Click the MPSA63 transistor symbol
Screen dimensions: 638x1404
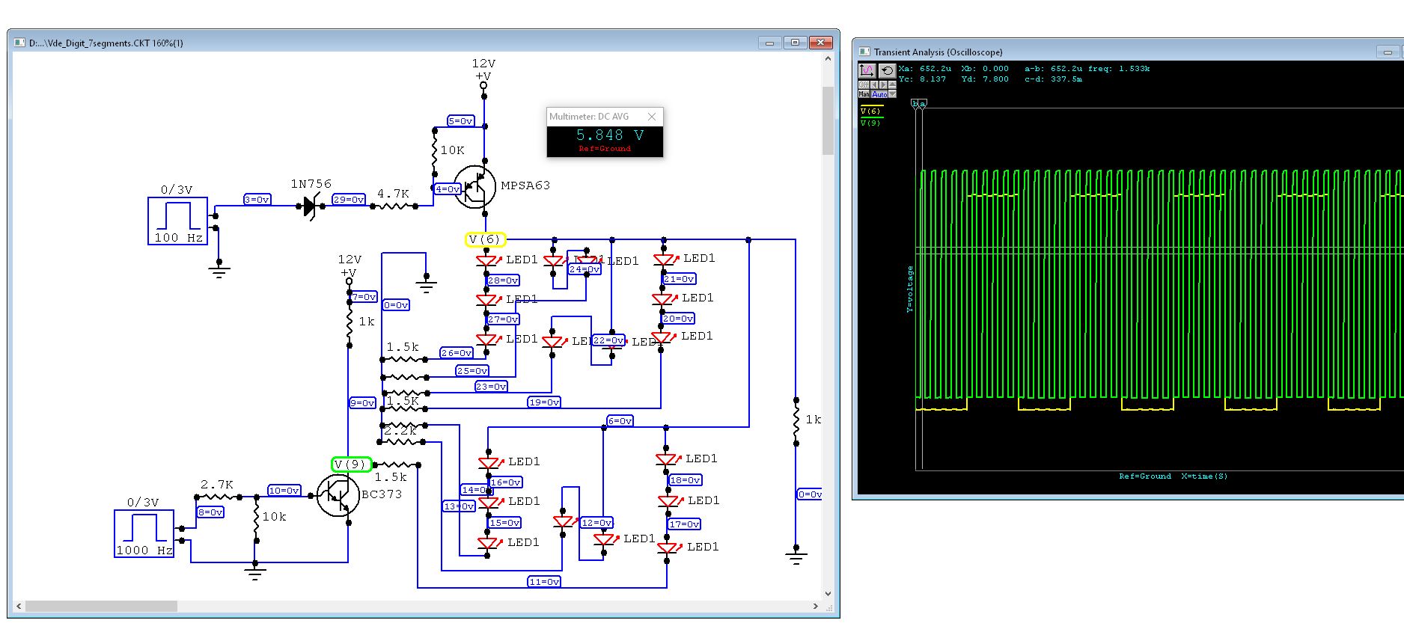tap(474, 187)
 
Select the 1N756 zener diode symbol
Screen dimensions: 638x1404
tap(310, 206)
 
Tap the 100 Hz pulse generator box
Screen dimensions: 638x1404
tap(177, 221)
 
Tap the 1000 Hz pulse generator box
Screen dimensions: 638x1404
tap(144, 533)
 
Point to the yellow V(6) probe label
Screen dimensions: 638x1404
tap(485, 239)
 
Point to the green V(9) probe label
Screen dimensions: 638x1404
tap(351, 464)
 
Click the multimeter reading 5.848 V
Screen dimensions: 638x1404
tap(609, 135)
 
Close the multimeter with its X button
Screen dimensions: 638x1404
tap(652, 117)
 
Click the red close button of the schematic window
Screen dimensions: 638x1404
tap(820, 43)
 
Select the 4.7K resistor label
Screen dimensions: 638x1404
tap(393, 194)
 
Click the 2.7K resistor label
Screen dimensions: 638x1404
tap(216, 485)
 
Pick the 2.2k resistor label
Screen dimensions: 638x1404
tap(400, 431)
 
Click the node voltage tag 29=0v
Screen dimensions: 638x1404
tap(348, 200)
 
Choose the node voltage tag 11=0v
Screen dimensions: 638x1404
tap(544, 581)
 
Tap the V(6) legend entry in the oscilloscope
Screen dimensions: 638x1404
tap(870, 111)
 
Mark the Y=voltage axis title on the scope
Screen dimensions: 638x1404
tap(910, 289)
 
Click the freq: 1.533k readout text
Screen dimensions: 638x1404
tap(1119, 69)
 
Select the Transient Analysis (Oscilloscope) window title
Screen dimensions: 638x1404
tap(938, 52)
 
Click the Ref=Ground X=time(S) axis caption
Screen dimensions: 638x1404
tap(1173, 476)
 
